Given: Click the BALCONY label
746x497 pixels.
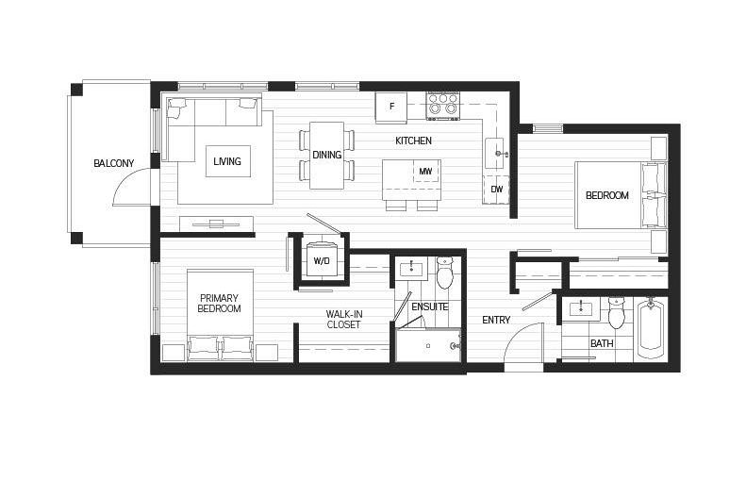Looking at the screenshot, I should [x=113, y=163].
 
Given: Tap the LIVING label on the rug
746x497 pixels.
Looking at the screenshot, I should [x=226, y=161].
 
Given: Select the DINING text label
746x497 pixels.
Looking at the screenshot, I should [x=326, y=155].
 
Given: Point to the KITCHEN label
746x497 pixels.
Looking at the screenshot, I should [x=413, y=141].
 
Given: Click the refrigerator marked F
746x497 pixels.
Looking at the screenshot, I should [x=391, y=107].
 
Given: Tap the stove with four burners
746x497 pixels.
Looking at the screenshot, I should [x=442, y=106].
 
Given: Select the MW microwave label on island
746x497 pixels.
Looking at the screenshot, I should [x=425, y=172].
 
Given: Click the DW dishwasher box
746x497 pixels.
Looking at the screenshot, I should [x=496, y=189].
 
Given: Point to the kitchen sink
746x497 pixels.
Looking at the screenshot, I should [x=496, y=152].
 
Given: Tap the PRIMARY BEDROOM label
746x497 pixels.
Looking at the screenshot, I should [x=219, y=303].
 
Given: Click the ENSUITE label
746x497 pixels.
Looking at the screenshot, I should [x=430, y=306].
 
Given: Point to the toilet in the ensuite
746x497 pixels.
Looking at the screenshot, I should [x=445, y=274].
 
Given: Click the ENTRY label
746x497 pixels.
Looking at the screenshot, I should [x=496, y=320].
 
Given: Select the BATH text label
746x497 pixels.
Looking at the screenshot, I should [x=601, y=343].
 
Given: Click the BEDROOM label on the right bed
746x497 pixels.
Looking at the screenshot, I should [x=606, y=195].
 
